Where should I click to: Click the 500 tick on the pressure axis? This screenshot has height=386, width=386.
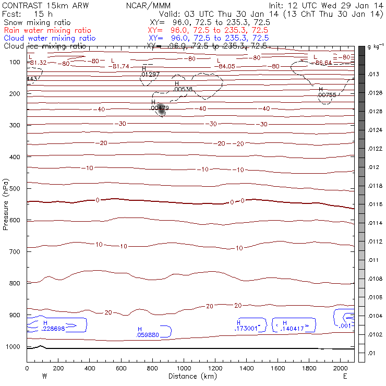(26, 188)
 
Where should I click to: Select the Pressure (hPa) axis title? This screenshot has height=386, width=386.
(6, 204)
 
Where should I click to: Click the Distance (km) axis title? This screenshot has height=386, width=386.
(190, 376)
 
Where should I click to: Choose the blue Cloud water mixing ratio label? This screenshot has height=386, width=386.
(50, 38)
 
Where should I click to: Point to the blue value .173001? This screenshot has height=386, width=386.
(247, 329)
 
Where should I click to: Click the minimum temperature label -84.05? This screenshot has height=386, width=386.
(227, 66)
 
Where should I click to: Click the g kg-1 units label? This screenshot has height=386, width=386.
(375, 47)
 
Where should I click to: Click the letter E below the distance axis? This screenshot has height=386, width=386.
(345, 376)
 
